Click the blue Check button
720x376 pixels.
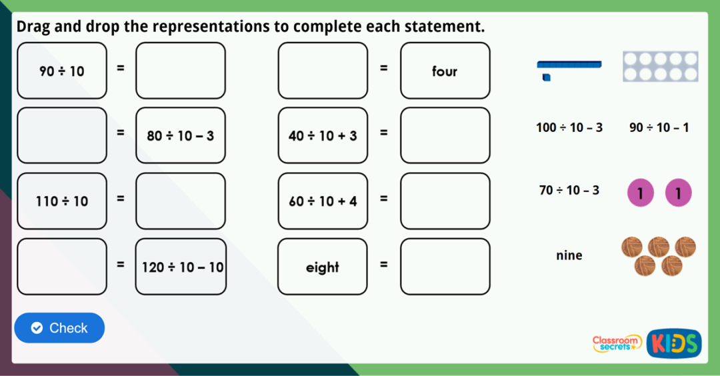[x=59, y=328]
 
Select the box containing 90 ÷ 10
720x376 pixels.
[x=62, y=71]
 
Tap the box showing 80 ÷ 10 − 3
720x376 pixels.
[x=181, y=135]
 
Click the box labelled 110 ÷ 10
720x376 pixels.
[x=62, y=201]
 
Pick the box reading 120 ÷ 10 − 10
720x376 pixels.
[x=181, y=267]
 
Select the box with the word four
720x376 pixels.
[x=445, y=71]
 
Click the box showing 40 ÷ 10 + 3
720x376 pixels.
[x=323, y=135]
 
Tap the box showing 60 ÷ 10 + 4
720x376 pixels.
[x=323, y=201]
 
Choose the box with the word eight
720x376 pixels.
[x=323, y=267]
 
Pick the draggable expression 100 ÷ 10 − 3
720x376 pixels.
[x=569, y=127]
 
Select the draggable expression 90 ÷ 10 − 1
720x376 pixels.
[x=659, y=127]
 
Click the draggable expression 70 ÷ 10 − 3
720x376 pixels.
[x=569, y=191]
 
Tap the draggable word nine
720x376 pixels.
[x=569, y=255]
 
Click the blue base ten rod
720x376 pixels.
[x=569, y=65]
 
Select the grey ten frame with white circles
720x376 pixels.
[x=660, y=67]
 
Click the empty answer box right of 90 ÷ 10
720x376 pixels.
[x=181, y=71]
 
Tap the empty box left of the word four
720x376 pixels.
[x=323, y=71]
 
